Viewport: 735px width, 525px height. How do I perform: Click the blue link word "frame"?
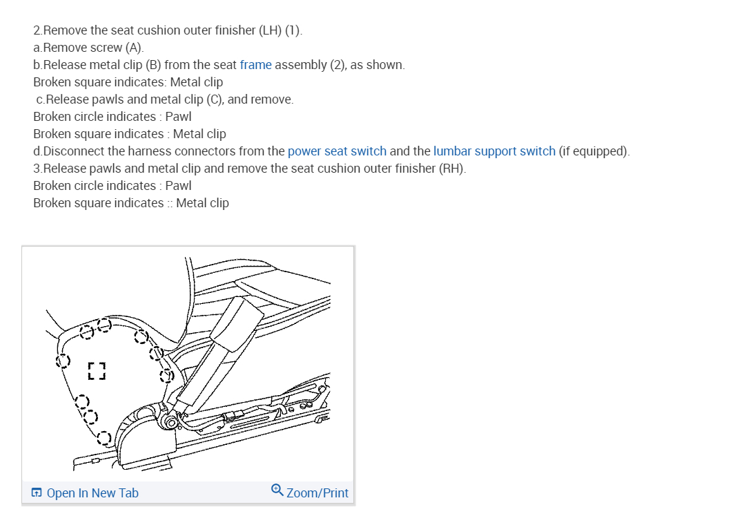coord(255,65)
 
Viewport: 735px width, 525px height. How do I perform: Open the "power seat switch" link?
coord(337,151)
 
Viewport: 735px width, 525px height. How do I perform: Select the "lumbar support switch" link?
coord(494,151)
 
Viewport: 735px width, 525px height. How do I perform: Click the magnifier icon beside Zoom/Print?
coord(277,491)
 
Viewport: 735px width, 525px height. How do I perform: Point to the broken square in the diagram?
coord(97,370)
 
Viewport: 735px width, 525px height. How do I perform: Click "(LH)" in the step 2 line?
coord(270,30)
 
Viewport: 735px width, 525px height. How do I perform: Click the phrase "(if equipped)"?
coord(594,151)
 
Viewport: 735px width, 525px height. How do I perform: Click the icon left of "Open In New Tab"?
coord(37,493)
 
